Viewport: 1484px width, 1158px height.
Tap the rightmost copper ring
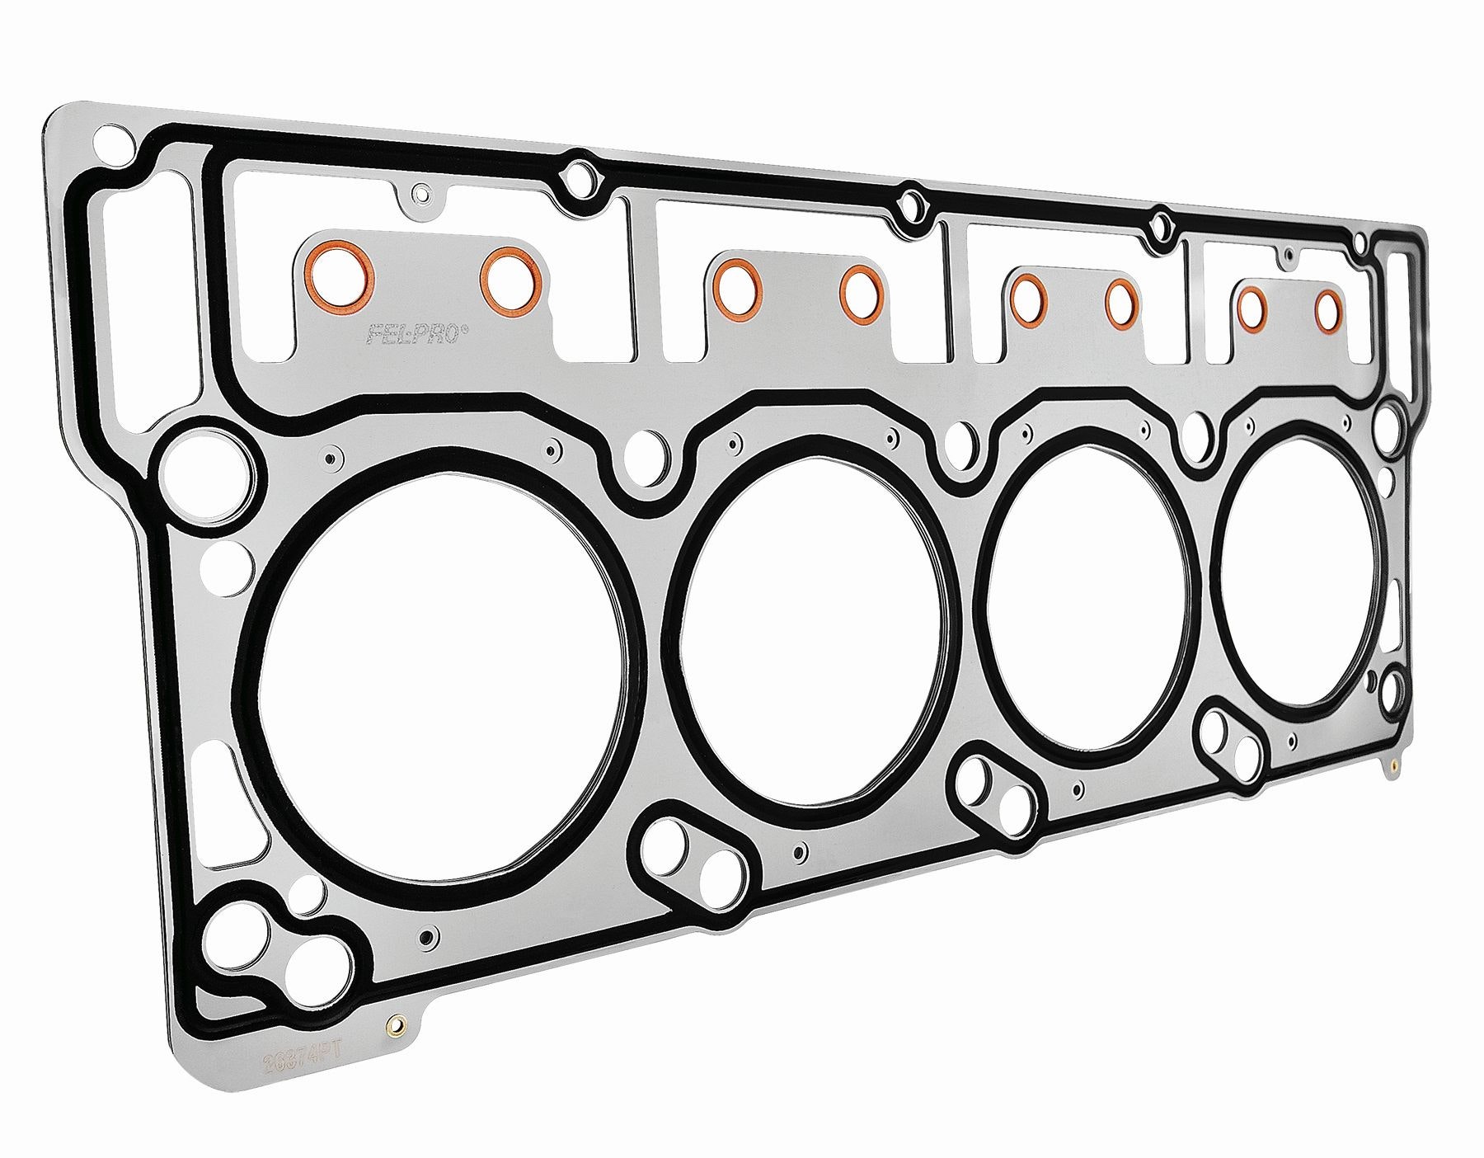(1328, 313)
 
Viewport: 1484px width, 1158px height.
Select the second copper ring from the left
(511, 278)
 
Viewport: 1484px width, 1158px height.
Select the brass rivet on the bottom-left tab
(397, 1028)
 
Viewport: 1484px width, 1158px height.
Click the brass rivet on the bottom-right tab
(1392, 765)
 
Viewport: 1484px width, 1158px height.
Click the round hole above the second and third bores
(959, 438)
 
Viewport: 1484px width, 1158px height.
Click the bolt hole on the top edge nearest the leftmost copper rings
(581, 180)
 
